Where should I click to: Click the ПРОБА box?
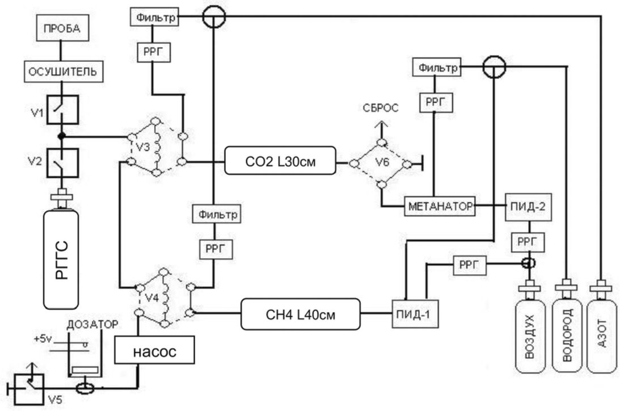[x=62, y=28]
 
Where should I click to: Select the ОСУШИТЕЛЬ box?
[x=64, y=72]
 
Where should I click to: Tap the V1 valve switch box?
[x=62, y=110]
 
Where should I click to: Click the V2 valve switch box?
[x=62, y=163]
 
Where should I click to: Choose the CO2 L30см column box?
[x=280, y=161]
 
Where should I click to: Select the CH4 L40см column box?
[x=301, y=314]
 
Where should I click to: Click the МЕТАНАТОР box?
[x=440, y=205]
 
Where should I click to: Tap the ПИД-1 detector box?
[x=415, y=314]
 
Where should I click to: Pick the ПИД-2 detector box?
[x=528, y=207]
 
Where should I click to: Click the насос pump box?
[x=155, y=350]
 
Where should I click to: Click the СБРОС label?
[x=381, y=108]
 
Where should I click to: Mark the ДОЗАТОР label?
[x=92, y=324]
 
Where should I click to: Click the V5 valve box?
[x=28, y=389]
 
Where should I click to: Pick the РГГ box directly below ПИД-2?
[x=528, y=242]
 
